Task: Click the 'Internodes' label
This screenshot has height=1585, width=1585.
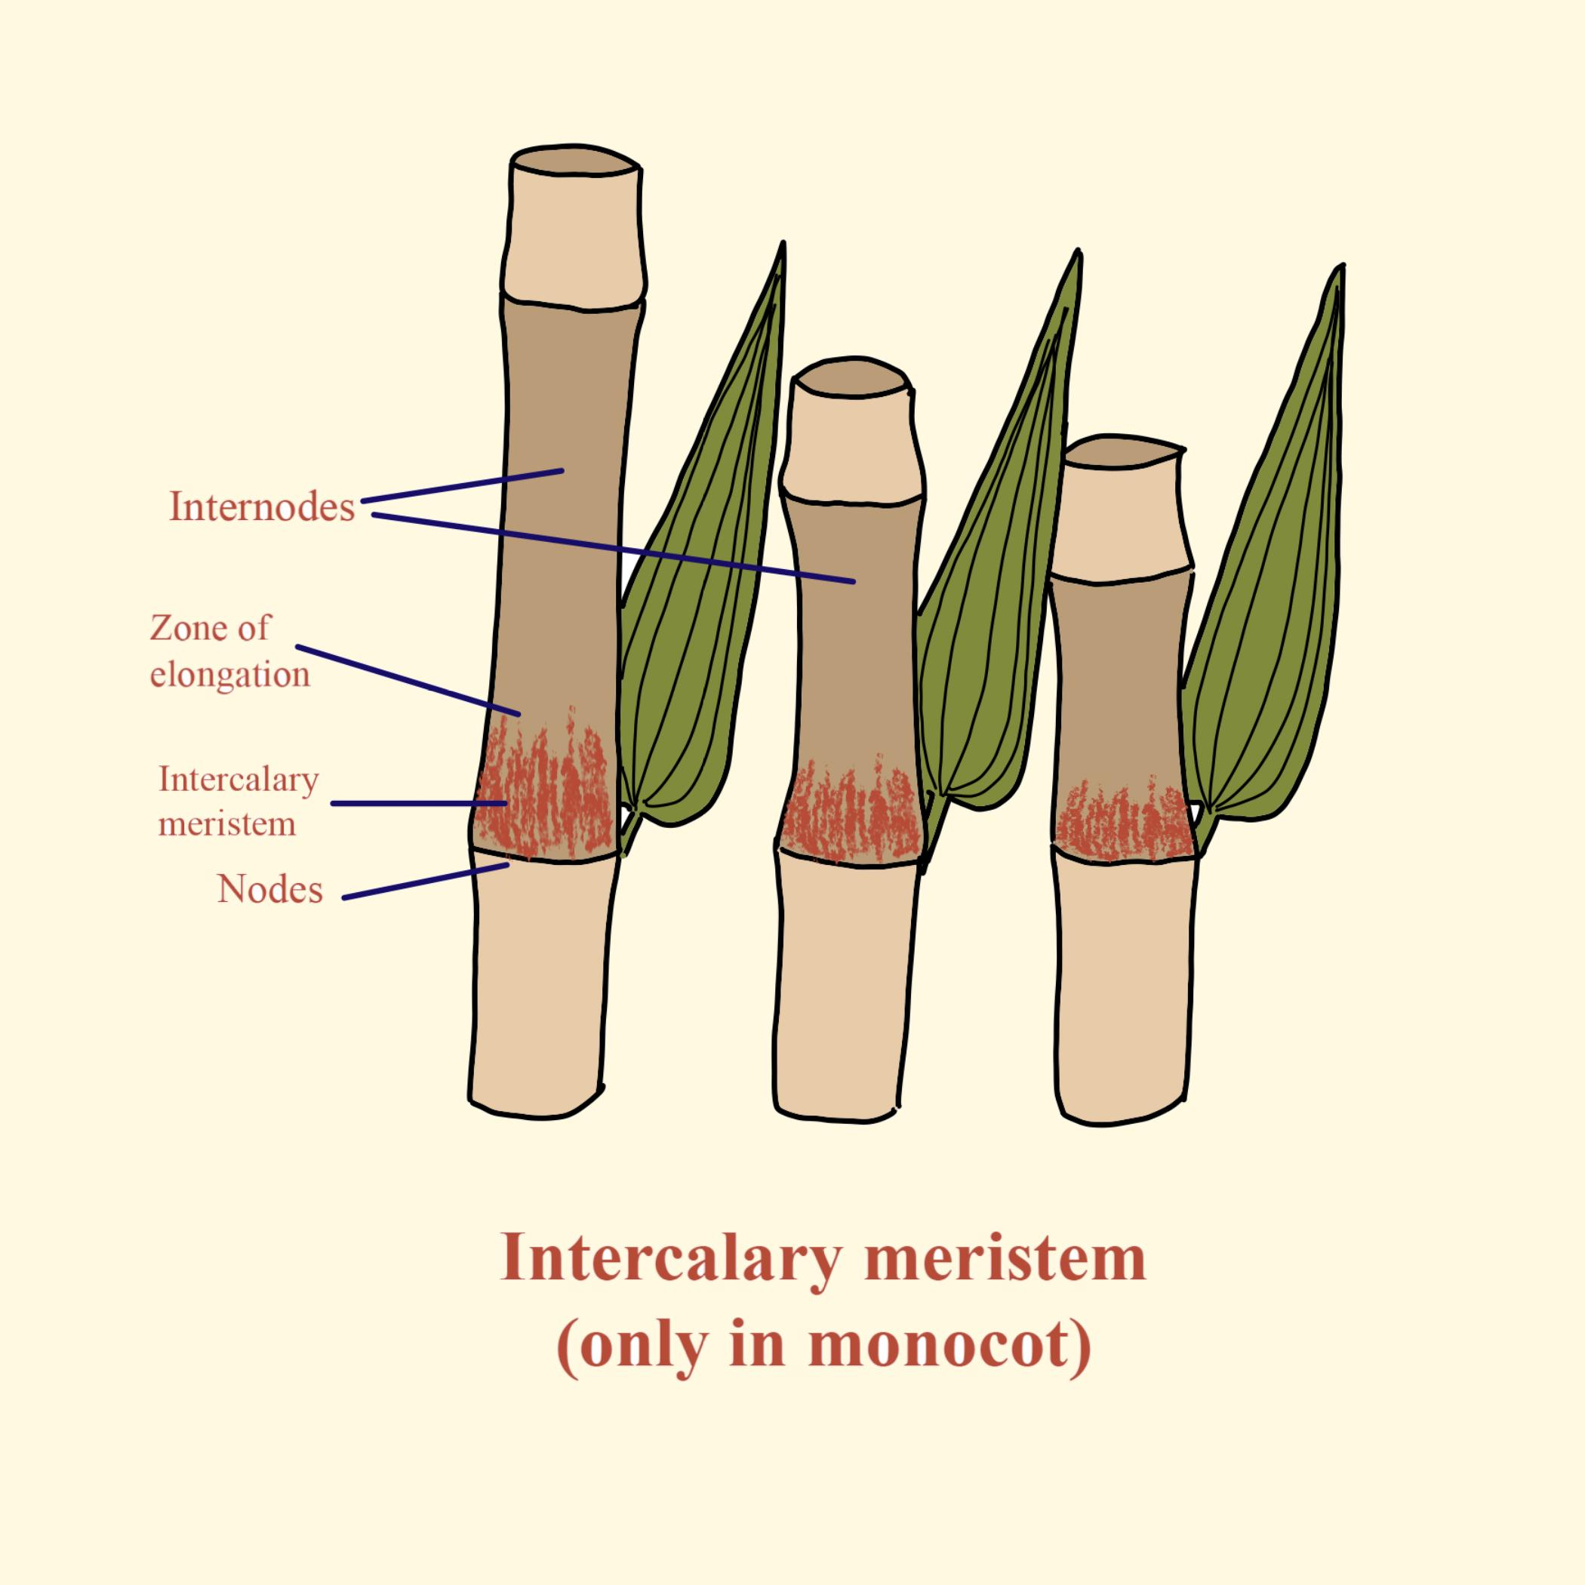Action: click(262, 507)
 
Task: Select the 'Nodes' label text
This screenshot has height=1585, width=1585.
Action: click(270, 889)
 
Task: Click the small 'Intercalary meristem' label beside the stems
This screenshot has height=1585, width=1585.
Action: click(238, 801)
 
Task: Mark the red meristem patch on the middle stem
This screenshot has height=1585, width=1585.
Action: click(849, 817)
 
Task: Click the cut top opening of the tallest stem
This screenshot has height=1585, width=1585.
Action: click(574, 162)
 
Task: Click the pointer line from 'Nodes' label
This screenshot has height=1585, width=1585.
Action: click(423, 882)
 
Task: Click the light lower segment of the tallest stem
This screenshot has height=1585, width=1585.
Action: click(537, 984)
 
